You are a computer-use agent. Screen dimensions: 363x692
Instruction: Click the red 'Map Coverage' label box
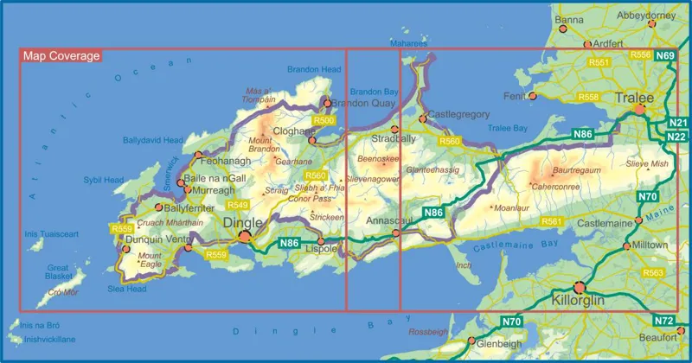60,56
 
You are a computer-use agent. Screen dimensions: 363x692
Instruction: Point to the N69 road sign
665,56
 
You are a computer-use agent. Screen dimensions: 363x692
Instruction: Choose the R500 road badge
324,120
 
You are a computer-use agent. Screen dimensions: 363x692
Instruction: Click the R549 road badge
237,205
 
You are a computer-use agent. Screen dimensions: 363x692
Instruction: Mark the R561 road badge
552,222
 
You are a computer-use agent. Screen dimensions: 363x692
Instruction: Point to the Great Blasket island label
57,273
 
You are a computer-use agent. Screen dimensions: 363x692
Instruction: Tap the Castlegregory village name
459,115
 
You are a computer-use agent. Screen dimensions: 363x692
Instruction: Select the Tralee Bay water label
509,128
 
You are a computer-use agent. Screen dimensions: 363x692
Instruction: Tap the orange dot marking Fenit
532,96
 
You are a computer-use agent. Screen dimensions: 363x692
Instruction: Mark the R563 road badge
653,273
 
